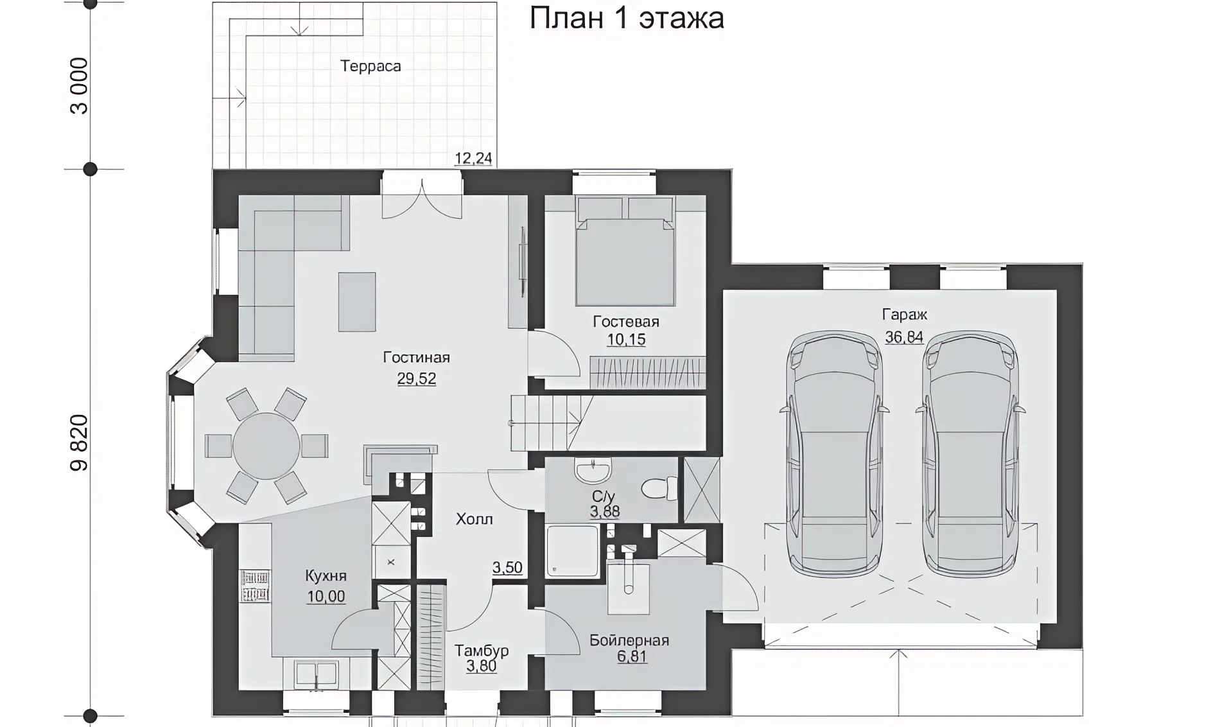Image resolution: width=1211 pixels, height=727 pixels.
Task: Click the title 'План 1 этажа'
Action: pos(627,18)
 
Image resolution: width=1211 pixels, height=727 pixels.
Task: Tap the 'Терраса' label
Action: pos(370,66)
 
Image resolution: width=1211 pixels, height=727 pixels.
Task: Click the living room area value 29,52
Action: pos(416,379)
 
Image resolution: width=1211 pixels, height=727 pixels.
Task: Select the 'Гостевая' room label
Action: pos(626,321)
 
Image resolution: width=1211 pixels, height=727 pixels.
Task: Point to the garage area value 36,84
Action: pos(904,337)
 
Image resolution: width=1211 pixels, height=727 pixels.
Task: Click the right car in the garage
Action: pos(970,453)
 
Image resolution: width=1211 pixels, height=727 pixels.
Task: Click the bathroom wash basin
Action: pos(593,471)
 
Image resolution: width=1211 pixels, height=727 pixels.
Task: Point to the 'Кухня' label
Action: pos(326,575)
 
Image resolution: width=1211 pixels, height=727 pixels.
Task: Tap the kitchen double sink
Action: pos(316,674)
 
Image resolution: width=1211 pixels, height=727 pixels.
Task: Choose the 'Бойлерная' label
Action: pos(629,640)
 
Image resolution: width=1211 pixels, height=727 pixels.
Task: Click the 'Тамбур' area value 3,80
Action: pos(482,667)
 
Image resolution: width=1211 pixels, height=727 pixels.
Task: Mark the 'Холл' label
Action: pos(475,519)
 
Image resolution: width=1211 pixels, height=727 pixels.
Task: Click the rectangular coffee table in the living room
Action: pos(357,302)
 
